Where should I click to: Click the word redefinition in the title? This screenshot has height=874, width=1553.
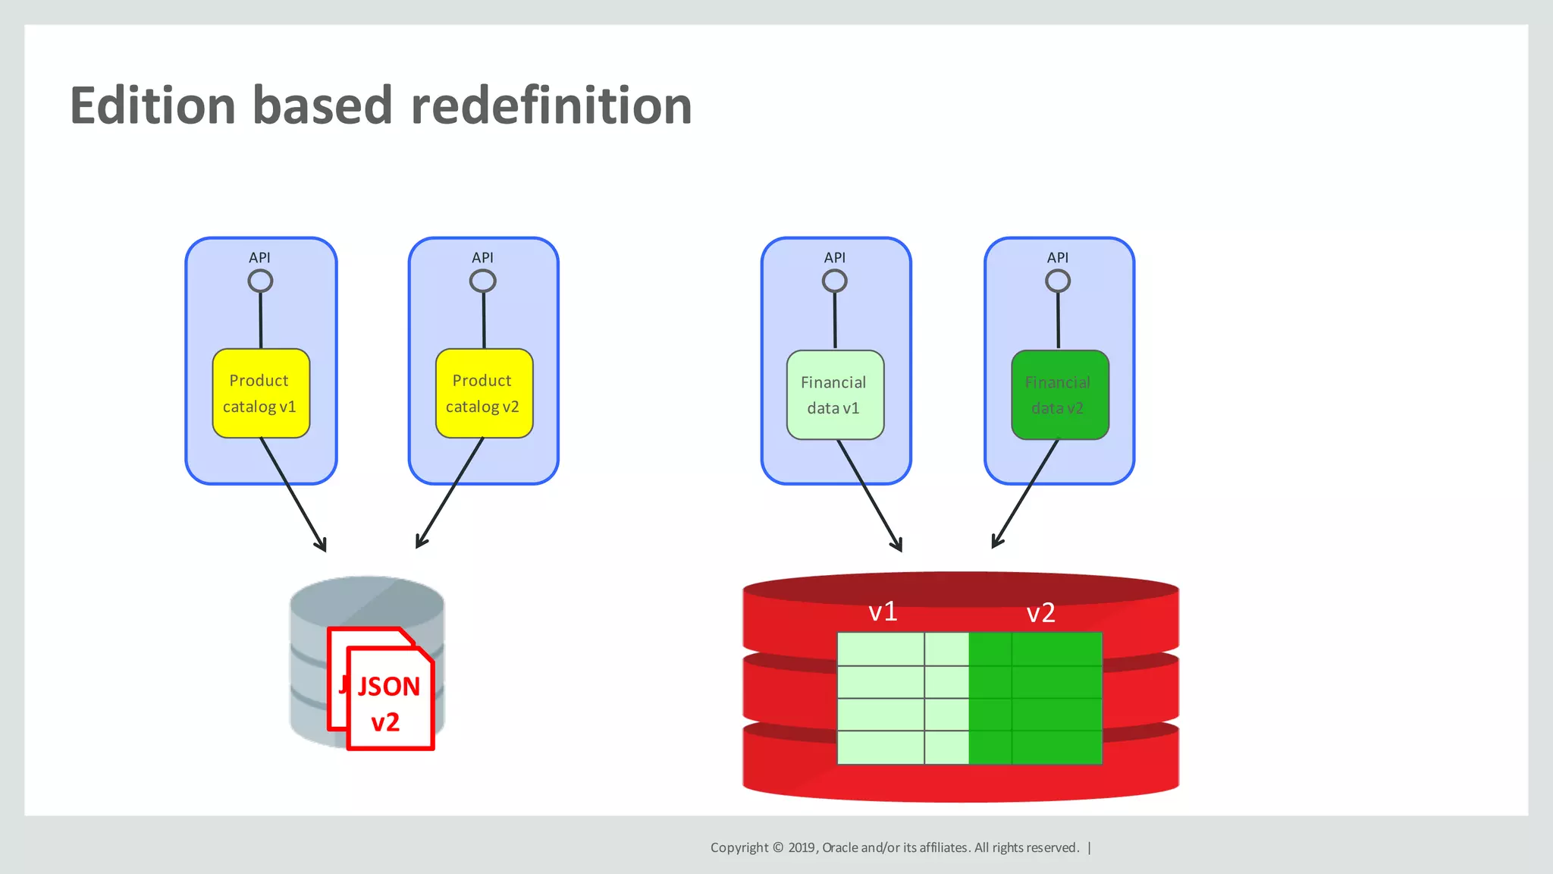tap(551, 105)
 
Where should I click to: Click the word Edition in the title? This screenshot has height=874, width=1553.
tap(152, 105)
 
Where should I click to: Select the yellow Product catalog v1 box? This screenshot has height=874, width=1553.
tap(260, 393)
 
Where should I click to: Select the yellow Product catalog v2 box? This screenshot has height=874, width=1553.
tap(483, 393)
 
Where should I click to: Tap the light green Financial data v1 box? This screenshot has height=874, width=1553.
tap(834, 395)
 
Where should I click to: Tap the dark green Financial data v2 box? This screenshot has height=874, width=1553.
tap(1059, 395)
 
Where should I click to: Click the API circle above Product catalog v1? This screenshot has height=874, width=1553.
tap(260, 281)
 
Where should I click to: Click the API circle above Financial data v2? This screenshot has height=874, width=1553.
tap(1057, 281)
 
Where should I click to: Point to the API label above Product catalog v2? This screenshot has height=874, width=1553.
tap(482, 258)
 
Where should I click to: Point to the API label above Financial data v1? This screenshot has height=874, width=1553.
tap(834, 258)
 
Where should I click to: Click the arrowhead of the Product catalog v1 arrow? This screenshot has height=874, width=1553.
tap(322, 545)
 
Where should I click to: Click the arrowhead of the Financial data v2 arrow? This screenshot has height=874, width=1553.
tap(996, 542)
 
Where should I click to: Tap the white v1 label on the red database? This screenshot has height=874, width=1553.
tap(883, 611)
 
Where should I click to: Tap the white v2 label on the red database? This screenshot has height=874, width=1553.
tap(1040, 613)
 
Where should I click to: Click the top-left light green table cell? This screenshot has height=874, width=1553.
tap(880, 649)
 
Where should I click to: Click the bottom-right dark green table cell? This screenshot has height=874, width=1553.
tap(1056, 747)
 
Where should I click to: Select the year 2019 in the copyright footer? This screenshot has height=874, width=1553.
tap(801, 847)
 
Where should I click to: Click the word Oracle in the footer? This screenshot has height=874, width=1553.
tap(839, 847)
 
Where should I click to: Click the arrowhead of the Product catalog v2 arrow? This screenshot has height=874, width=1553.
tap(420, 542)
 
